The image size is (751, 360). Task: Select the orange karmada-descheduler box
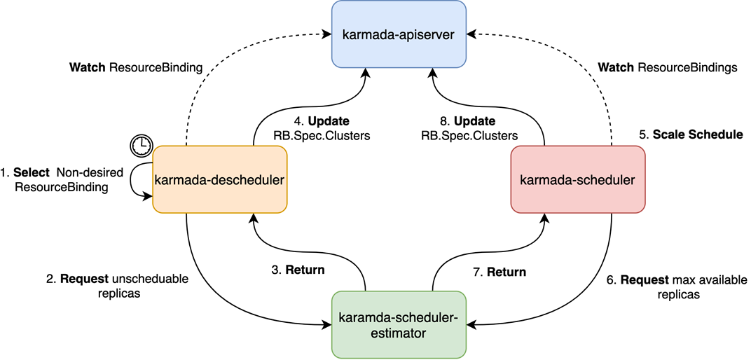(x=219, y=179)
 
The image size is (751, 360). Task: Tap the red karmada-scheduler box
(x=577, y=179)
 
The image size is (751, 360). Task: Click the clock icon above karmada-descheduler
(x=142, y=144)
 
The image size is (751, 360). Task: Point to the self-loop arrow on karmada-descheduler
(x=135, y=181)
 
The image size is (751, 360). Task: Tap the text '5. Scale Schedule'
(x=690, y=134)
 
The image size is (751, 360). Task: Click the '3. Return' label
(x=298, y=269)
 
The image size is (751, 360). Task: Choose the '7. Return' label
(x=499, y=272)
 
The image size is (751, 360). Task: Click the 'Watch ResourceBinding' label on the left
(x=136, y=68)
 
